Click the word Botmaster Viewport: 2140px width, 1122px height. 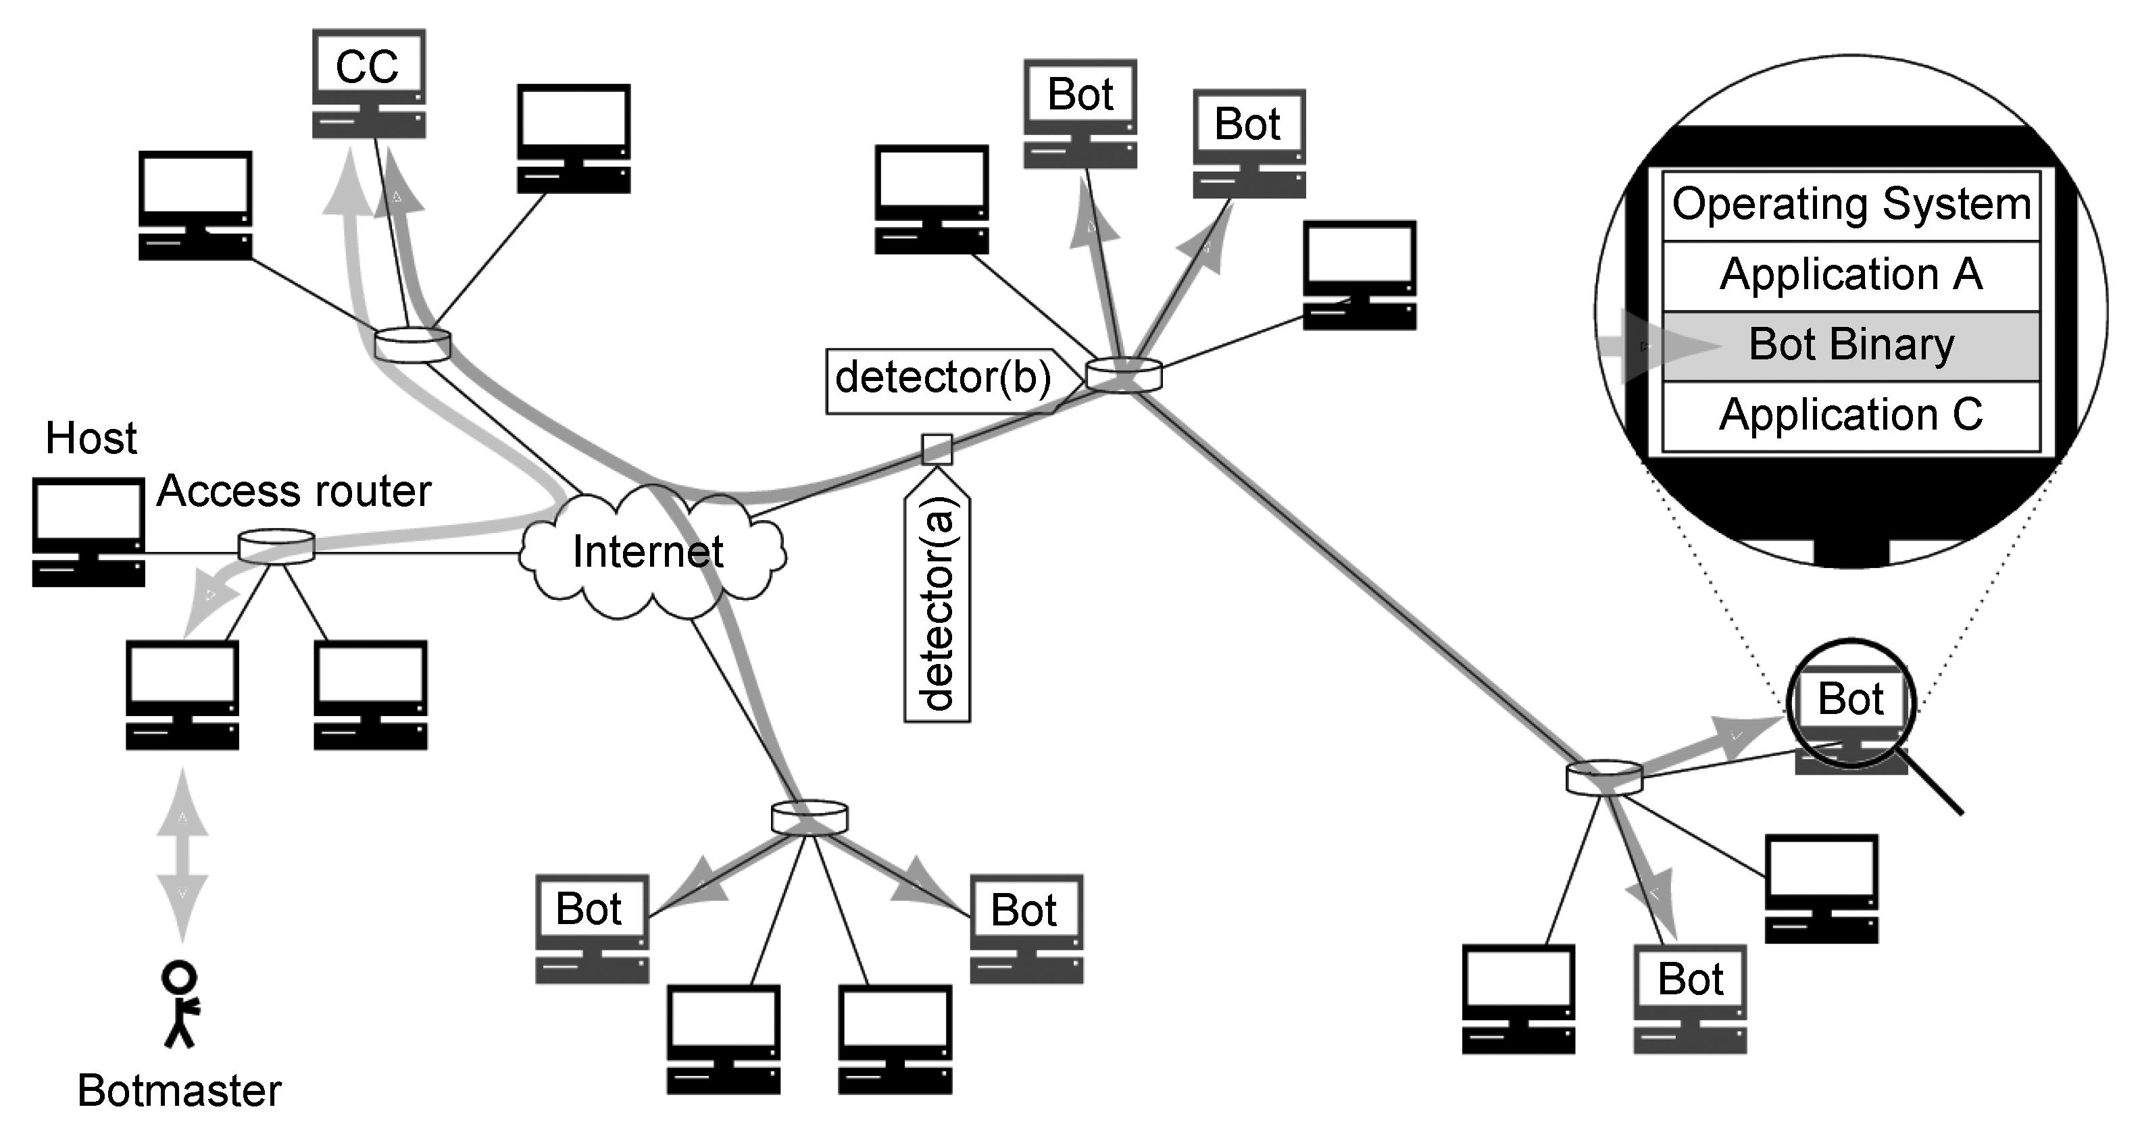click(x=180, y=1090)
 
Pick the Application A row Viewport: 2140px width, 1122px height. click(x=1851, y=276)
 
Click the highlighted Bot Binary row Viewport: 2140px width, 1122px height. click(x=1851, y=345)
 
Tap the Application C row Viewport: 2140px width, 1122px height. click(x=1851, y=415)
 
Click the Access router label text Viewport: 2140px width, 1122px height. click(x=294, y=491)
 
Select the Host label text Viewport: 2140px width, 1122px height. click(x=91, y=438)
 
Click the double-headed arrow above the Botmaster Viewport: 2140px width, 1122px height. click(x=182, y=855)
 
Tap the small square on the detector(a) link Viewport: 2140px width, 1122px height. click(x=937, y=449)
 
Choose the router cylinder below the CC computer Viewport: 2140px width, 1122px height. click(x=412, y=345)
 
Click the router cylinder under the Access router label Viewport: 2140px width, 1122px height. click(x=276, y=547)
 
